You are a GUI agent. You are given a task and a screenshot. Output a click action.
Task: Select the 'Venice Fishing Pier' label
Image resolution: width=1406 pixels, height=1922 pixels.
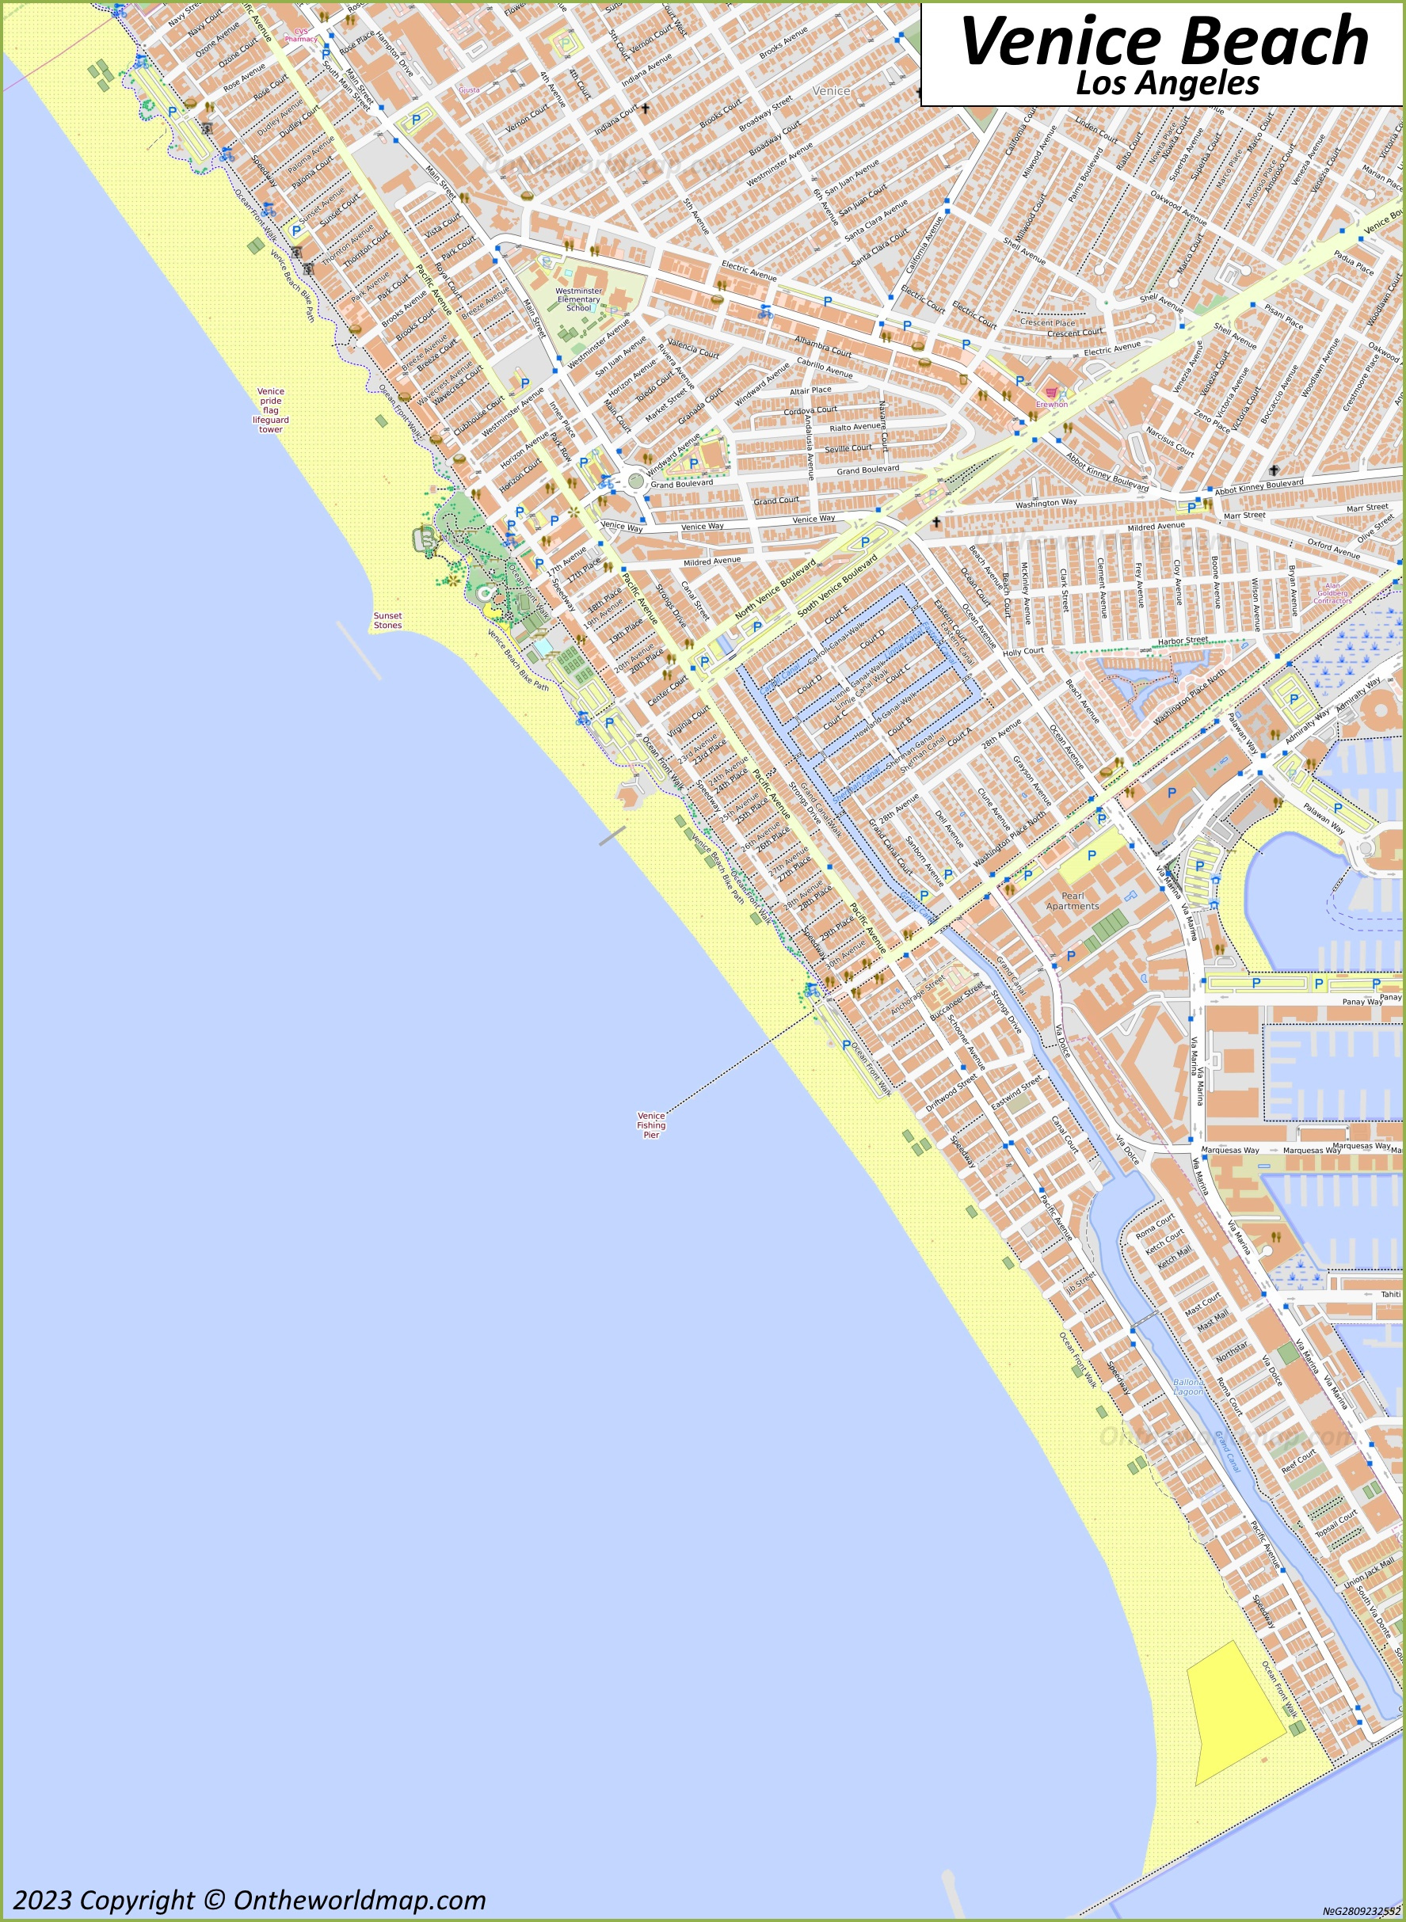coord(651,1125)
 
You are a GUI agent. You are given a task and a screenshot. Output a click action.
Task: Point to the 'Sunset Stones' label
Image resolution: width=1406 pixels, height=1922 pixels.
coord(387,620)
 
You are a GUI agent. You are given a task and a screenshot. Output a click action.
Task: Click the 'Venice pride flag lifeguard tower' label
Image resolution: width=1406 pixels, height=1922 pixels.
coord(271,411)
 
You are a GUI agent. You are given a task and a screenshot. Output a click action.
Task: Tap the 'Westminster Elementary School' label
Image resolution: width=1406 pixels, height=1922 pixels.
coord(578,299)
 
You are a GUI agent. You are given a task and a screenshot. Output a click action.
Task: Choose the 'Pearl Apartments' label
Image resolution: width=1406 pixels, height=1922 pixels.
coord(1073,901)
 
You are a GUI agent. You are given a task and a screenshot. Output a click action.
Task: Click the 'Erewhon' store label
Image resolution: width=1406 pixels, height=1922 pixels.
coord(1051,404)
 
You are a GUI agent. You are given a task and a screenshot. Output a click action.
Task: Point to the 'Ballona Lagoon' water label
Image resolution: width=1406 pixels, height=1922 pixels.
coord(1188,1387)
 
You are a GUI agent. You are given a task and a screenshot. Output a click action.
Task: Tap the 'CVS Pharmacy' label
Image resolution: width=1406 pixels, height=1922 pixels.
coord(299,35)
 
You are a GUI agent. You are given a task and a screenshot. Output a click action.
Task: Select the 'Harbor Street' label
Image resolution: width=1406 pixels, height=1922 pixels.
coord(1183,640)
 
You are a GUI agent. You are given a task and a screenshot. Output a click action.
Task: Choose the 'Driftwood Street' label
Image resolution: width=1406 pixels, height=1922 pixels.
coord(951,1094)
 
